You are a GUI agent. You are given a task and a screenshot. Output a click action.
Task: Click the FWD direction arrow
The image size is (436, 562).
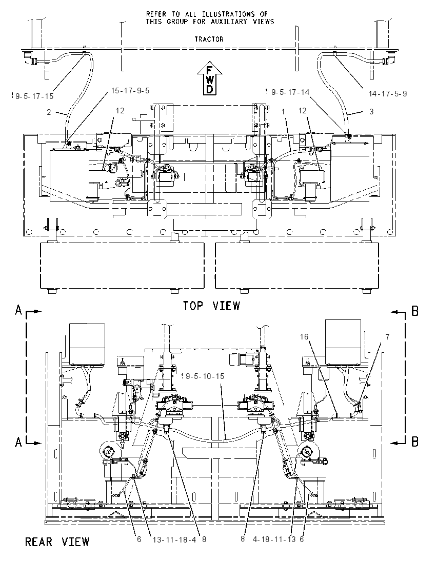point(210,78)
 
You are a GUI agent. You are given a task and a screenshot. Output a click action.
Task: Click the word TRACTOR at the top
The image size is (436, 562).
point(209,39)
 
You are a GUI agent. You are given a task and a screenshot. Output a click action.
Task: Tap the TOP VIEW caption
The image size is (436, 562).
point(211,306)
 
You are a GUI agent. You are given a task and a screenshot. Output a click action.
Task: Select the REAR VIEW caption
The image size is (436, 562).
point(57,541)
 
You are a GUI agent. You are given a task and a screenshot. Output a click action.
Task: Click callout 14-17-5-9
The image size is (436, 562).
point(388,93)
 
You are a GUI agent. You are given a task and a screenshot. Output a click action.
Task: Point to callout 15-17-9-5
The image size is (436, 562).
point(130,90)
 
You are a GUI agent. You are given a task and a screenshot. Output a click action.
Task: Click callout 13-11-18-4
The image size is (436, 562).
point(174,539)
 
